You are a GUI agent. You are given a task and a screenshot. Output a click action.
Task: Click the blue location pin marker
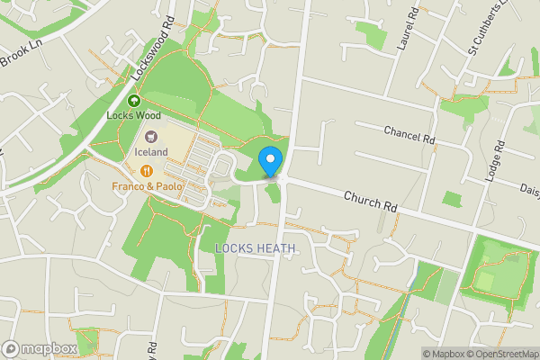(x=270, y=161)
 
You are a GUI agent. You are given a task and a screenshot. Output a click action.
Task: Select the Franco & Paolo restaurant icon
(x=147, y=170)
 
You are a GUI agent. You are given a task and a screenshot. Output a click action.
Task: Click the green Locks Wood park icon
(x=134, y=100)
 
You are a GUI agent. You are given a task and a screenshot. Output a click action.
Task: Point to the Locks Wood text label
(x=132, y=114)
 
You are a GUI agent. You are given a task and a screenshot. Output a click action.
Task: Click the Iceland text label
(x=152, y=152)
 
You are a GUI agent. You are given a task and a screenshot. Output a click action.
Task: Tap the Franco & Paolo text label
(x=148, y=186)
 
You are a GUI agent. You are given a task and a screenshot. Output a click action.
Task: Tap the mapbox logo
(x=40, y=349)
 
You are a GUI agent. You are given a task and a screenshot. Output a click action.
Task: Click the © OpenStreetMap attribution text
(x=504, y=354)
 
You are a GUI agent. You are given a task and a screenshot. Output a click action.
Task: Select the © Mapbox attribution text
(x=445, y=354)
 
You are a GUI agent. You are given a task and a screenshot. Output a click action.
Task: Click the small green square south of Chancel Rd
(x=452, y=198)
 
